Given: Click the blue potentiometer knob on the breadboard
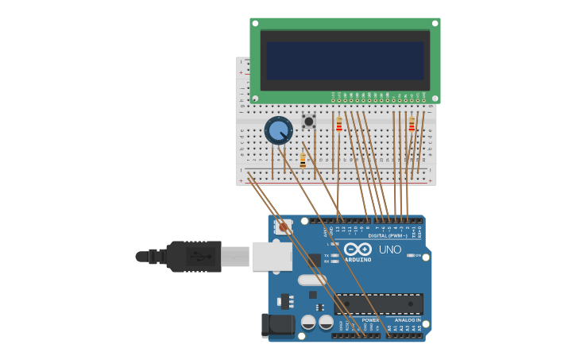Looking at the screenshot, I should tap(278, 130).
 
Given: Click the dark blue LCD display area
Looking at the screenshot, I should tap(345, 60).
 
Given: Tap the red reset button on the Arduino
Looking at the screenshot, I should tap(284, 227).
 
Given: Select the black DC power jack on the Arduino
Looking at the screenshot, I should tap(276, 325).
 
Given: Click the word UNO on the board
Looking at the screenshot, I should tap(389, 250).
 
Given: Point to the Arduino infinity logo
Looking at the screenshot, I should tap(358, 249).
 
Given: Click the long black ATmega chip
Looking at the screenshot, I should tap(378, 304).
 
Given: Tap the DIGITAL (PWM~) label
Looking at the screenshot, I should tap(387, 235).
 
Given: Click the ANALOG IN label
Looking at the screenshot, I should tap(408, 319).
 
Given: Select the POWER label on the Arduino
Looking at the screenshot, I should tap(370, 319).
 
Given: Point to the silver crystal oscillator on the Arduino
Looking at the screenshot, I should tap(312, 280).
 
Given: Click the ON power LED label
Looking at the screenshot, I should tap(417, 255).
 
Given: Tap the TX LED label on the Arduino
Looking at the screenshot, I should tap(327, 255).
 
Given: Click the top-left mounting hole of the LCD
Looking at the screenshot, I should tap(255, 22).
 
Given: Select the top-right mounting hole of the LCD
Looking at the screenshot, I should tap(435, 22).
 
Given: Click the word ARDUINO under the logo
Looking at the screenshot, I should tap(358, 259).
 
